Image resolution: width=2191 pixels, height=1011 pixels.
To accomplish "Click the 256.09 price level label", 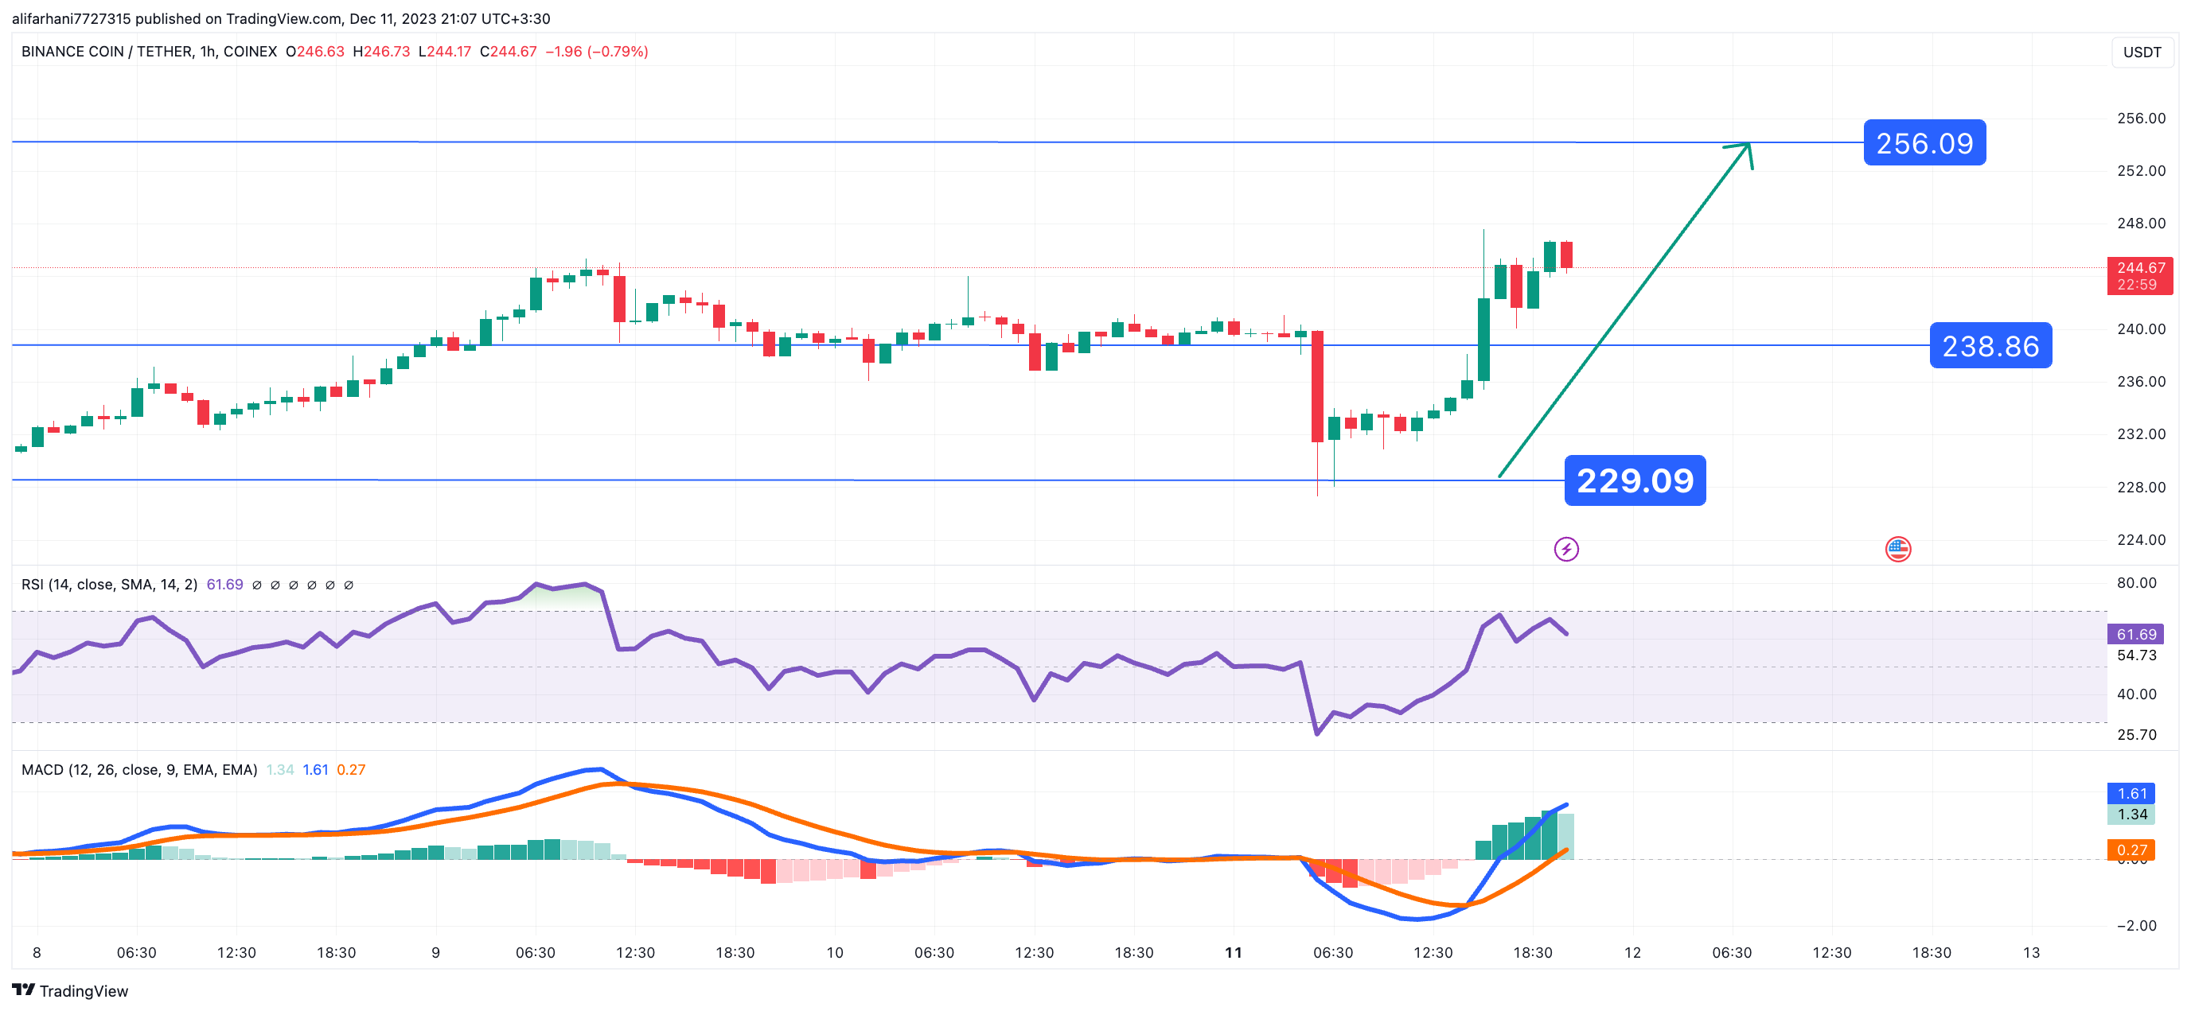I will [1924, 143].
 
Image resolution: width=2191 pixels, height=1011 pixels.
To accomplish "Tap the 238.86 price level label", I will [1990, 345].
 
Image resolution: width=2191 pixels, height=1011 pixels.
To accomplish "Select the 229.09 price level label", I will [1634, 480].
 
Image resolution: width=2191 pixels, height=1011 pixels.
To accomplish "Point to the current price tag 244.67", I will [2140, 275].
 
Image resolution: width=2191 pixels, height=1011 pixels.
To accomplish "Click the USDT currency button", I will [2141, 52].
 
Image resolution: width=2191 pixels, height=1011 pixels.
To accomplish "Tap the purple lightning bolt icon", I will [1565, 550].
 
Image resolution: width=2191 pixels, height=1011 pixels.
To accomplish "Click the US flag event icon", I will [1897, 550].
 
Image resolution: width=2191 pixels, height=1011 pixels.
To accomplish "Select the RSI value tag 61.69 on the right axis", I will [2136, 634].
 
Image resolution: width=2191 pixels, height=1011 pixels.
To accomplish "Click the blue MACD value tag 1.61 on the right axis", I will [2131, 793].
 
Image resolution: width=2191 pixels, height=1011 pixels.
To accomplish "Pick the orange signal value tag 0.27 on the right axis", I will [2131, 850].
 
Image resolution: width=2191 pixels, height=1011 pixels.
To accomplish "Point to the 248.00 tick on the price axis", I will [2141, 224].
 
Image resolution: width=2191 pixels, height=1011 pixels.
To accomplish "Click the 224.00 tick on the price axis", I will [2141, 540].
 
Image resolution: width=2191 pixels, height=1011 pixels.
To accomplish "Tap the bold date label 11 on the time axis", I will [1234, 952].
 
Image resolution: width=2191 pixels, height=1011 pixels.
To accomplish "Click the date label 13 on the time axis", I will [2031, 952].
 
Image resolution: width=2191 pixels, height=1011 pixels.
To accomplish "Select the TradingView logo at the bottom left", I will [71, 990].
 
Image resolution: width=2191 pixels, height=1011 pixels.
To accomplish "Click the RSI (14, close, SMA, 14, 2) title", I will [109, 584].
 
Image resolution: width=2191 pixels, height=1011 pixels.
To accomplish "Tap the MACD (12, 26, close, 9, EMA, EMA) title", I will [139, 769].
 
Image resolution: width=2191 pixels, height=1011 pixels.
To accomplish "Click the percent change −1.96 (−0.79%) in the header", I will [596, 52].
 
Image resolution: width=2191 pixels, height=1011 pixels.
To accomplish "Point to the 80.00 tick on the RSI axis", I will [2136, 583].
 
